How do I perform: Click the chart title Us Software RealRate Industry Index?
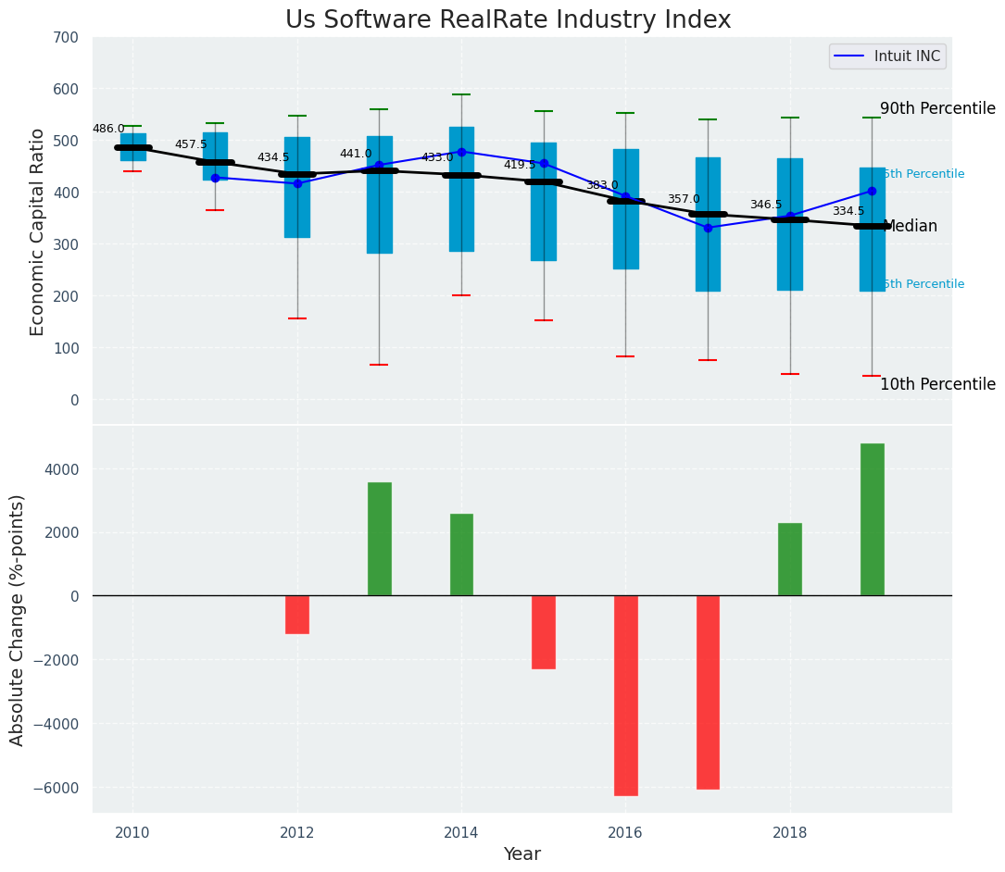[x=508, y=20]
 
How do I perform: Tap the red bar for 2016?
[x=626, y=695]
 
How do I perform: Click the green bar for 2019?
[x=872, y=519]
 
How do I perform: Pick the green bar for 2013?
[x=379, y=539]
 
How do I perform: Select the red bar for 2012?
[x=297, y=615]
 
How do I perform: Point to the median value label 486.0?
[x=108, y=129]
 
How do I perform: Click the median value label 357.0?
[x=684, y=199]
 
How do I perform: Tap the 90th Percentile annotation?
[x=937, y=108]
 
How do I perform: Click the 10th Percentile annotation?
[x=937, y=384]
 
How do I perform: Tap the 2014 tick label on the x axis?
[x=461, y=832]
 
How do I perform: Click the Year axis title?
[x=522, y=854]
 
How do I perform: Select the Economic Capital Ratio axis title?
[x=38, y=231]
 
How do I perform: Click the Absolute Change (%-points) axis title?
[x=18, y=619]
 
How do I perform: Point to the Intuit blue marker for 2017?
[x=708, y=228]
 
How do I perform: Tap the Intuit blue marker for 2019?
[x=872, y=191]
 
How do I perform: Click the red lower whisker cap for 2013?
[x=379, y=365]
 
